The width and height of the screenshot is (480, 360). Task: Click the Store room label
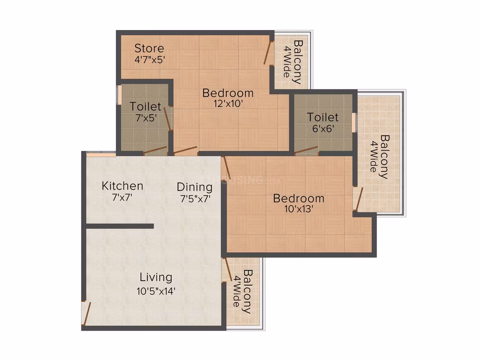149,48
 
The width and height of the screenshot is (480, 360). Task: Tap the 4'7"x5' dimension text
150,60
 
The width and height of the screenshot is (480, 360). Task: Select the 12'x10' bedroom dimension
228,104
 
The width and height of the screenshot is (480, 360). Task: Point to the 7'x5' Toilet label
145,106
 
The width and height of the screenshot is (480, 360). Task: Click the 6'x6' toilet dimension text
323,129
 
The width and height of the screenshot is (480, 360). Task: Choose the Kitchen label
122,186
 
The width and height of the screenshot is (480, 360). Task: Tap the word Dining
194,187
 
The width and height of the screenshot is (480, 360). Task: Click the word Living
156,277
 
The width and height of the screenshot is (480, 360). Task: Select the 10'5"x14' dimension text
156,291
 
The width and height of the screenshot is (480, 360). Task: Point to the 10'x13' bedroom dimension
298,209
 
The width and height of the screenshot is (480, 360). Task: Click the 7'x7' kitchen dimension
122,197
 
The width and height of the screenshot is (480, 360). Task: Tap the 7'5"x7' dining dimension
195,199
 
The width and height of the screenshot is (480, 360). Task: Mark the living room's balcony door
228,269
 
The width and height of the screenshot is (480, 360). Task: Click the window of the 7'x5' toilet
120,95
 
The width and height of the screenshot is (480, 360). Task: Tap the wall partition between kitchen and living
120,226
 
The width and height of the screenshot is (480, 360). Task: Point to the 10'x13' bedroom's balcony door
359,199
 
